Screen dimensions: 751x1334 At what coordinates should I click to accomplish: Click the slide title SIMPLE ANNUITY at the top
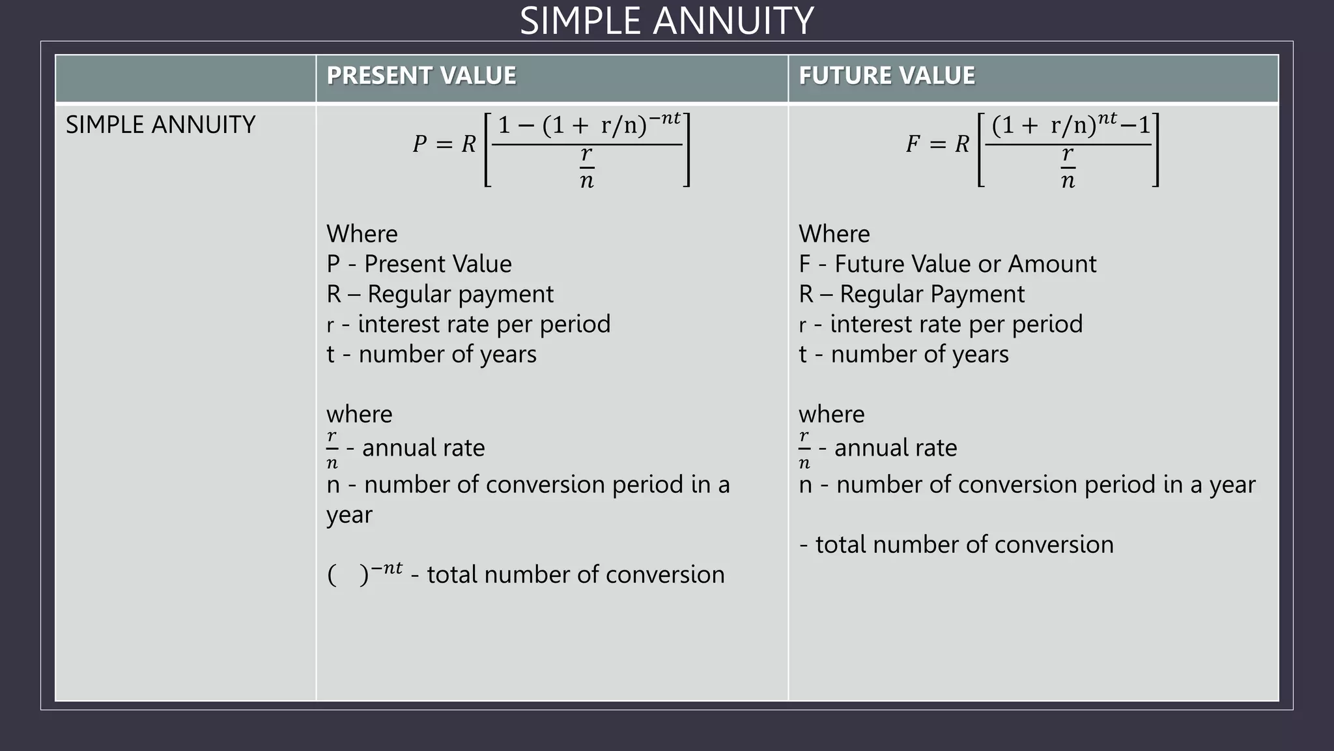[x=666, y=21]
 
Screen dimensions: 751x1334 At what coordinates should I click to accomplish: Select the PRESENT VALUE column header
[x=421, y=76]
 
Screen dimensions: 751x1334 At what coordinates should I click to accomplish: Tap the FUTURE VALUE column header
[x=887, y=76]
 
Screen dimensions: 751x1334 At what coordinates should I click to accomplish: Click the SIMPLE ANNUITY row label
[x=160, y=125]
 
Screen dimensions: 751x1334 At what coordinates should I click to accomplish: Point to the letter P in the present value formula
[x=419, y=144]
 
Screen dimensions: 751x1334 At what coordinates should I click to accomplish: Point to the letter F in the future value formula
[x=913, y=144]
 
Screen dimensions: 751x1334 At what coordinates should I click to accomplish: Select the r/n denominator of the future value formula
[x=1068, y=168]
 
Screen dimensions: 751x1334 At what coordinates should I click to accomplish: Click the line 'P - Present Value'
[x=419, y=264]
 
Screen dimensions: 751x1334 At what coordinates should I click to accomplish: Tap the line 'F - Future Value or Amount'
[x=947, y=264]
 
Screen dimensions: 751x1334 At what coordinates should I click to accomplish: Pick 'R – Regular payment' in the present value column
[x=440, y=294]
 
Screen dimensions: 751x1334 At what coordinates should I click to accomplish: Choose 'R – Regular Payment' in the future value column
[x=911, y=294]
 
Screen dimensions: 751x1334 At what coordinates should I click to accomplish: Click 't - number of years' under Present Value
[x=431, y=354]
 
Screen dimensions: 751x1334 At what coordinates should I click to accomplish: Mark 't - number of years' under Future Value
[x=903, y=354]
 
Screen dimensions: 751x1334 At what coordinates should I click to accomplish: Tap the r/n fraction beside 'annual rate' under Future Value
[x=804, y=449]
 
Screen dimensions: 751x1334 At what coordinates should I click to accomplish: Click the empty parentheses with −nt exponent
[x=364, y=573]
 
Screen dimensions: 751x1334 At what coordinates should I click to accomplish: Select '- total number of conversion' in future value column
[x=956, y=544]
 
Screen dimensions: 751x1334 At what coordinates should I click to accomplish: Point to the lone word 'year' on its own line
[x=349, y=515]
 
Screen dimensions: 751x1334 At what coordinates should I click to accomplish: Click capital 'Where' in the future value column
[x=834, y=234]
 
